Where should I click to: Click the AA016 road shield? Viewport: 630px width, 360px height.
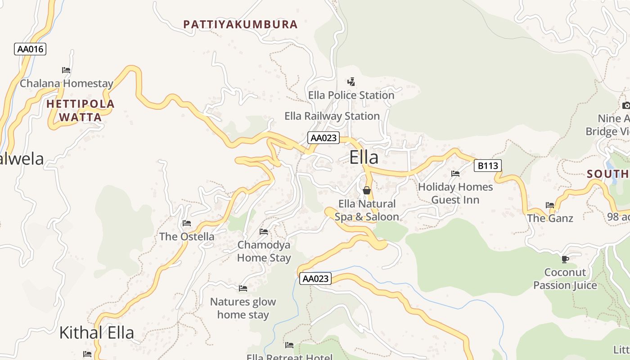tap(30, 49)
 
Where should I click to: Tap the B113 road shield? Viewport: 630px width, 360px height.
tap(487, 166)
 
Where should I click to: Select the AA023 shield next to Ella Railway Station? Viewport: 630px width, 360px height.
tap(323, 138)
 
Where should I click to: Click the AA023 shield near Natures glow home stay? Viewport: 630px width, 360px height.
tap(315, 279)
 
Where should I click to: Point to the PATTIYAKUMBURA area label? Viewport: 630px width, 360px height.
tap(240, 24)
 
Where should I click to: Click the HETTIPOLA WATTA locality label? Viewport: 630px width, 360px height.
tap(81, 111)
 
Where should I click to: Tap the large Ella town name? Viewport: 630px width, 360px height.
tap(364, 157)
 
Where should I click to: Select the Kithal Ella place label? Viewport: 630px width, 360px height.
tap(97, 333)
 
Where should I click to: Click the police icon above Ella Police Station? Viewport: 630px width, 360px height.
tap(351, 82)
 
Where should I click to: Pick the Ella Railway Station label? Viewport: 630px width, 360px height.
tap(332, 116)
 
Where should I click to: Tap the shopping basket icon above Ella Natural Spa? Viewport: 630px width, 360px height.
tap(367, 190)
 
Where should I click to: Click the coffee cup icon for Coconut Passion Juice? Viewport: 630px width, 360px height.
tap(565, 259)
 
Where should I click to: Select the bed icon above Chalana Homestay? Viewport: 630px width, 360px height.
tap(66, 70)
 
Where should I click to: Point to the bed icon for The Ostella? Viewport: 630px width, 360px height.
tap(187, 223)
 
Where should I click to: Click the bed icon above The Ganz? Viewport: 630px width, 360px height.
tap(550, 205)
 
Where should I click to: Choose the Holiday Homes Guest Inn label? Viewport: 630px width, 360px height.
tap(455, 193)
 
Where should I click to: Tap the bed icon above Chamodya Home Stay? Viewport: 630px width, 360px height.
tap(264, 232)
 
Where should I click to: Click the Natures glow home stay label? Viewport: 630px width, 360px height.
tap(243, 308)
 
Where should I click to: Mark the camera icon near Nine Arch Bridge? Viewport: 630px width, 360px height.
tap(626, 105)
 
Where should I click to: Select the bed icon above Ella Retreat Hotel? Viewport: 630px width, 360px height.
tap(289, 345)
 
